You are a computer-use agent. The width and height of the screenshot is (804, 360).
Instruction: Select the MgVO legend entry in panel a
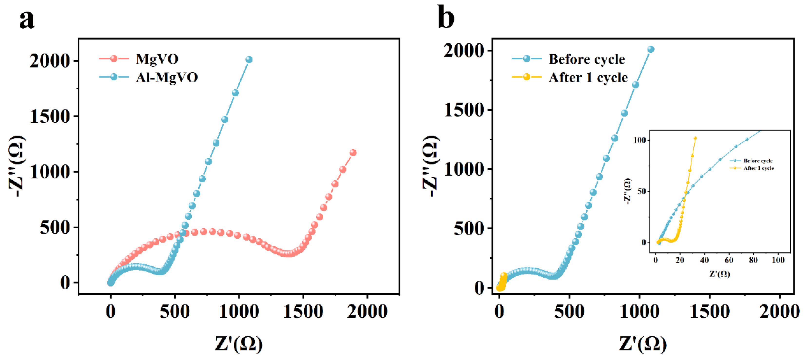point(157,59)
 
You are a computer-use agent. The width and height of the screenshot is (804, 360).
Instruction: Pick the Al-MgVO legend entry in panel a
point(167,77)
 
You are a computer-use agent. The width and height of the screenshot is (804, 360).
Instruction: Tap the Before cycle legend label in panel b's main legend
point(587,59)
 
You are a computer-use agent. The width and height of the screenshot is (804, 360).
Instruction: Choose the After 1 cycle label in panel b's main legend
point(588,78)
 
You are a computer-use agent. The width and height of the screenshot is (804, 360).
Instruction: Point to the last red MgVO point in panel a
point(353,153)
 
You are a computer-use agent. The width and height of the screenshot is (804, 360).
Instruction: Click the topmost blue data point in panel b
point(651,49)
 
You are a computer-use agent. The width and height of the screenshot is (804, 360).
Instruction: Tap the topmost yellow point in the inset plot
point(695,138)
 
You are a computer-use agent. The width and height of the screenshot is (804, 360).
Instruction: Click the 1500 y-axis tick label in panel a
point(50,117)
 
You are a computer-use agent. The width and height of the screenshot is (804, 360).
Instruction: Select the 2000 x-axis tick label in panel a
point(367,311)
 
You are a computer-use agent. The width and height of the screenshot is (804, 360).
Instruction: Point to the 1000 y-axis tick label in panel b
point(464,170)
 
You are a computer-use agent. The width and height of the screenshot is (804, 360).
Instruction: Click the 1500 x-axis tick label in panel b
point(709,311)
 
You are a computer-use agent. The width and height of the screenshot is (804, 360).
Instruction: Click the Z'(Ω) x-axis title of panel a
point(239,344)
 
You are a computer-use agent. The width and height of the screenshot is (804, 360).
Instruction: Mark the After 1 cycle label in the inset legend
point(758,168)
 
